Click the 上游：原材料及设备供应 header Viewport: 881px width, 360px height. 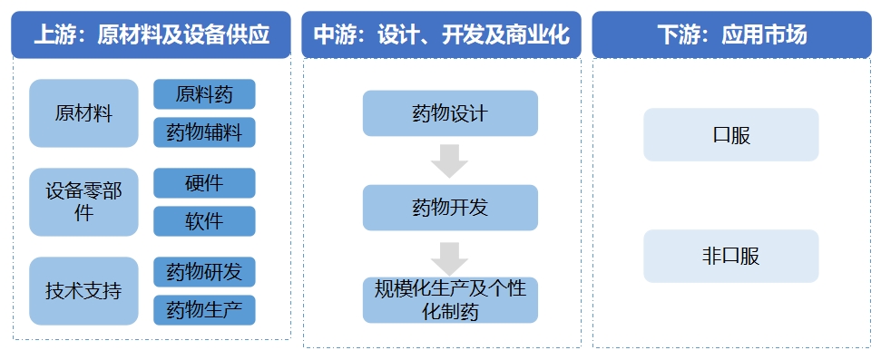[152, 35]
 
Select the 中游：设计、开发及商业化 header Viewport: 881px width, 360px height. [441, 35]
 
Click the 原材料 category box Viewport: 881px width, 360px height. [83, 113]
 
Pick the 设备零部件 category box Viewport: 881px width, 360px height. [83, 201]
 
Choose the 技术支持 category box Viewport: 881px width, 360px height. [83, 291]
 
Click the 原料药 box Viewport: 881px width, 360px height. [204, 94]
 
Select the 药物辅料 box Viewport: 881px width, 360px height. [204, 132]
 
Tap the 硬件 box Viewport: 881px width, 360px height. [204, 183]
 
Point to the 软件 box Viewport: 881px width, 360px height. [204, 221]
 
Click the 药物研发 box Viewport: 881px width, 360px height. [204, 272]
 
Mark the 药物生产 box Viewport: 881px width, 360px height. [204, 310]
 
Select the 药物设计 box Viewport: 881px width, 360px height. [450, 114]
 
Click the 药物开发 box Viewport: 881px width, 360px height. [450, 208]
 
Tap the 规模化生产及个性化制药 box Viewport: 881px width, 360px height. [450, 300]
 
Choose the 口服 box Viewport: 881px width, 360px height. [731, 135]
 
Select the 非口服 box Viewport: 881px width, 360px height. [731, 256]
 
